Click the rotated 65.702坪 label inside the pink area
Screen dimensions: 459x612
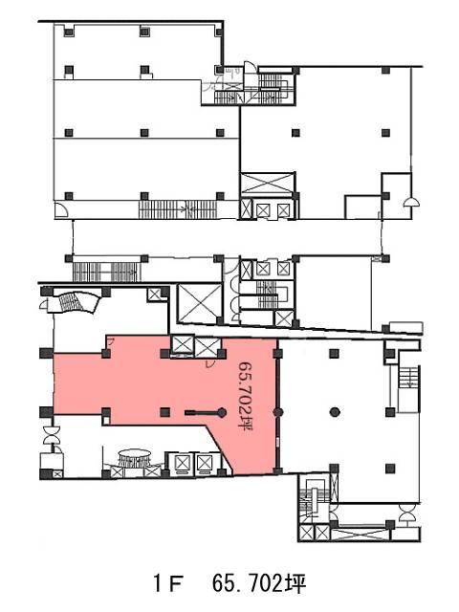(246, 396)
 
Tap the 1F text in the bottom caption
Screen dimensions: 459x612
(168, 584)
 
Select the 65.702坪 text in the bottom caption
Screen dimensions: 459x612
(259, 584)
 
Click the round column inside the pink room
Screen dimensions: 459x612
(222, 412)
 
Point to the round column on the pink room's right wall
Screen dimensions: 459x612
(278, 412)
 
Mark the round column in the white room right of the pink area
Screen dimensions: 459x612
(335, 412)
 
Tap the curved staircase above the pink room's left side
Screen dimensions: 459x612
(71, 302)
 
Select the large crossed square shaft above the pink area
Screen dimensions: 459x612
(199, 304)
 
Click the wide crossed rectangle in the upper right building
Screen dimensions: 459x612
(268, 183)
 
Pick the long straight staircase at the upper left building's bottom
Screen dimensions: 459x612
(178, 209)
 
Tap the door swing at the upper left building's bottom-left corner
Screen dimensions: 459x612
(61, 209)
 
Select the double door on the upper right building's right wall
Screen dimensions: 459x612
(411, 202)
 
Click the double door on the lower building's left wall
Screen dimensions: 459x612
(51, 435)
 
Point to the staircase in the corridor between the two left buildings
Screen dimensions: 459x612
(106, 272)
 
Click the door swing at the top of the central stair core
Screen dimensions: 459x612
(251, 68)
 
